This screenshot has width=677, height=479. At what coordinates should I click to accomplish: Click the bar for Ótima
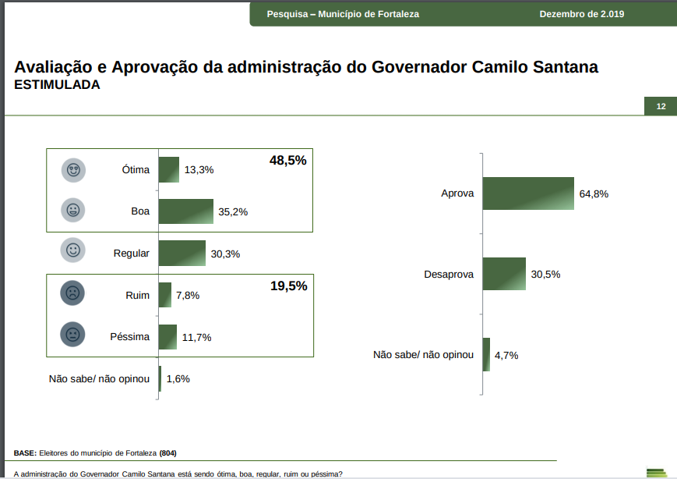169,169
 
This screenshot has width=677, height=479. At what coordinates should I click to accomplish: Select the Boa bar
185,211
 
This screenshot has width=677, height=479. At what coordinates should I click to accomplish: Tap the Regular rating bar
182,254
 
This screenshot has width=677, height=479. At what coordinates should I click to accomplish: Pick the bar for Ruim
164,295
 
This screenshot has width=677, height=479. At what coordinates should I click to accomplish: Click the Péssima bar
167,337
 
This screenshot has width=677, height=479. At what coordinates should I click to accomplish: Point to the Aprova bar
528,193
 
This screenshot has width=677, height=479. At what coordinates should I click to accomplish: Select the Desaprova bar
504,275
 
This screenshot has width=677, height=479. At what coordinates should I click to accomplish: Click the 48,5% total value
288,161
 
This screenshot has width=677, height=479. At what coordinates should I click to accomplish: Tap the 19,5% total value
288,286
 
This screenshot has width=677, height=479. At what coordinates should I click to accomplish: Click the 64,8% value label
594,193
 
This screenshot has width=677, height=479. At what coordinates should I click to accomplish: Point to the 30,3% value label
225,254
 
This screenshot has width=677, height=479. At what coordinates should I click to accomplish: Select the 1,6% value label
178,379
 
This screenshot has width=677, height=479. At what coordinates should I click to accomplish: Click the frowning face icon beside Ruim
72,293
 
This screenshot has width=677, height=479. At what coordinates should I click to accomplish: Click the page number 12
661,106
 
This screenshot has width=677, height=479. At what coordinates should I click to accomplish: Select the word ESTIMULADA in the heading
58,85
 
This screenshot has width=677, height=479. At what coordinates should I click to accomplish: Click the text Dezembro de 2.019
581,14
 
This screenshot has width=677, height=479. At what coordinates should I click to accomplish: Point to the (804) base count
168,453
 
